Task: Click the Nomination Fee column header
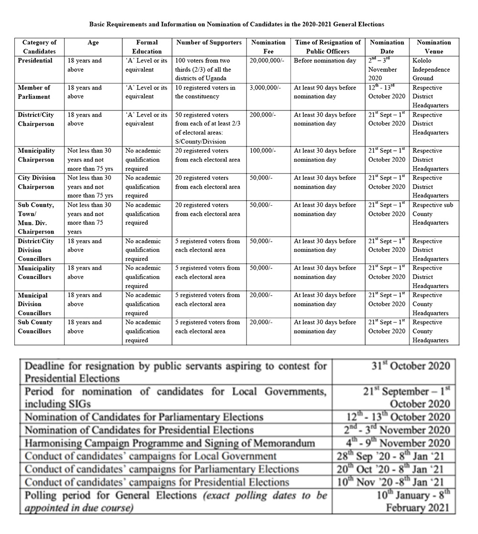pyautogui.click(x=268, y=47)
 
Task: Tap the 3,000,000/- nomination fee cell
pyautogui.click(x=265, y=88)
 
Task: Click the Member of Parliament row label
pyautogui.click(x=34, y=92)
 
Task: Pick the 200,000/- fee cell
pyautogui.click(x=262, y=115)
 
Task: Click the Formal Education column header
pyautogui.click(x=147, y=47)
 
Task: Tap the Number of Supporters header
pyautogui.click(x=209, y=43)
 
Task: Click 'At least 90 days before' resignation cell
pyautogui.click(x=325, y=92)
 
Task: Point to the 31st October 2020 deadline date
pyautogui.click(x=411, y=367)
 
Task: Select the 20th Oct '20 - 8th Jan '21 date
pyautogui.click(x=393, y=469)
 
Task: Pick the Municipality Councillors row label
pyautogui.click(x=37, y=272)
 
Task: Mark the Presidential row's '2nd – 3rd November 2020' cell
pyautogui.click(x=382, y=69)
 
